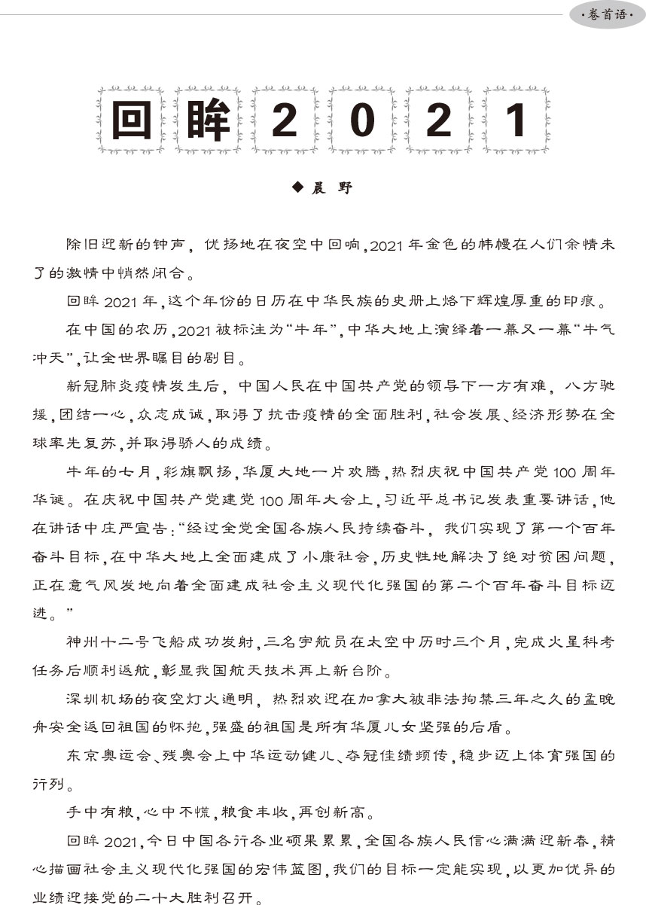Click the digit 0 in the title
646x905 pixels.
pyautogui.click(x=362, y=120)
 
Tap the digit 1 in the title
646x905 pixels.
pyautogui.click(x=516, y=120)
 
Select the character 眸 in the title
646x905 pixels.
pyautogui.click(x=207, y=120)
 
